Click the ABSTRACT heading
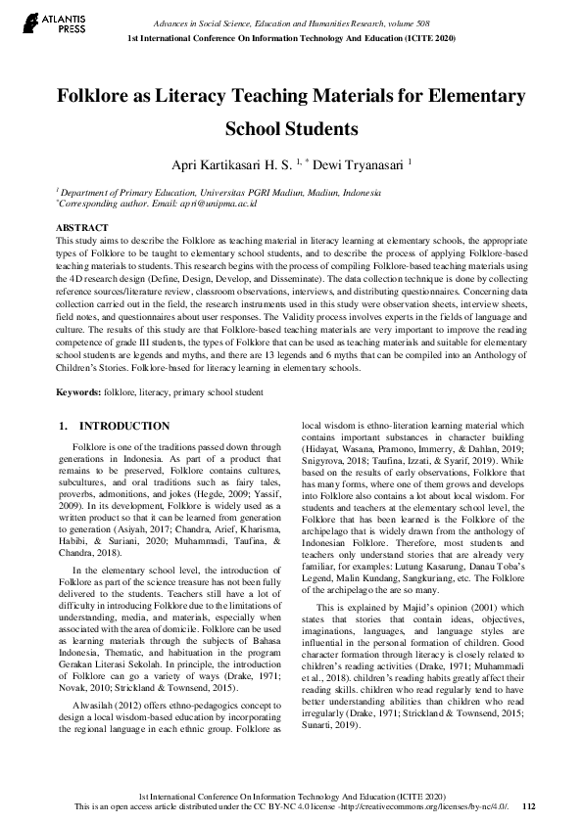[82, 227]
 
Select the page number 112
[529, 805]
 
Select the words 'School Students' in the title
[291, 128]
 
